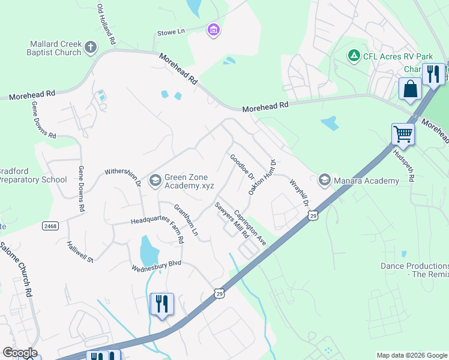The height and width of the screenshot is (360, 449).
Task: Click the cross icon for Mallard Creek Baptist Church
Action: [x=91, y=47]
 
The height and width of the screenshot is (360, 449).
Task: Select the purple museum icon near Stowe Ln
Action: [x=212, y=29]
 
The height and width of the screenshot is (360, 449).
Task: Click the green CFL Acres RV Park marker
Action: [x=354, y=56]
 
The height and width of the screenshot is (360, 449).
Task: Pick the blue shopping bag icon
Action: [x=411, y=89]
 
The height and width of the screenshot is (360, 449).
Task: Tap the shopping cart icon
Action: [x=403, y=134]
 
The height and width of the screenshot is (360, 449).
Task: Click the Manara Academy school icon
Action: [x=325, y=180]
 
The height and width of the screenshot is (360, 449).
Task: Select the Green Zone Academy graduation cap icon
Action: [x=155, y=179]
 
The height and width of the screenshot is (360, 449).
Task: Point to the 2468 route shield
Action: [x=50, y=226]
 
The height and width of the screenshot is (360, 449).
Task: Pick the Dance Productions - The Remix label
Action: [x=415, y=269]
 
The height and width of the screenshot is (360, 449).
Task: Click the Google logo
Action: [x=20, y=353]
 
